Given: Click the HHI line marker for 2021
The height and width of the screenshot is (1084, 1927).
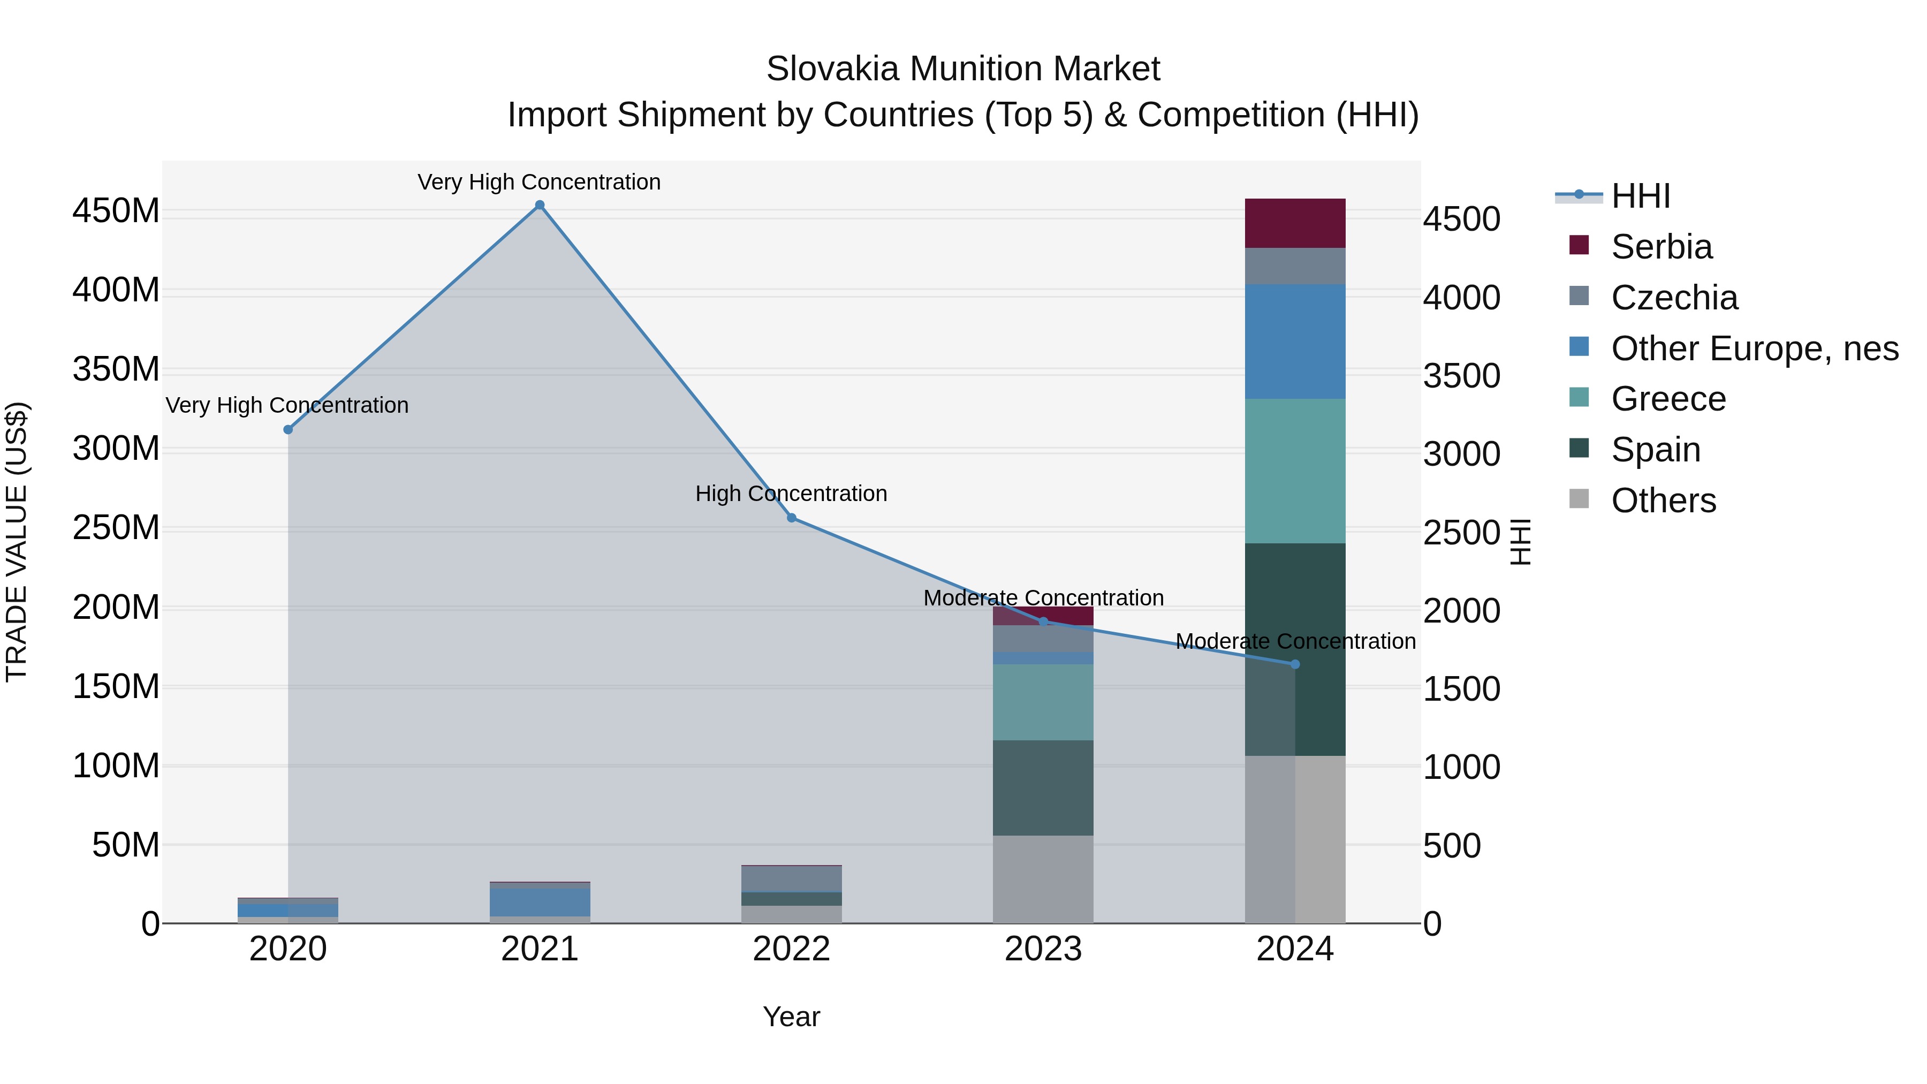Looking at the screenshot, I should pyautogui.click(x=540, y=205).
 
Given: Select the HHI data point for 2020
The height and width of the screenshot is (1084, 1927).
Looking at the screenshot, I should pyautogui.click(x=288, y=429).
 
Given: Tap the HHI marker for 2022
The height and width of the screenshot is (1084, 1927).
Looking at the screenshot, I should pyautogui.click(x=792, y=518).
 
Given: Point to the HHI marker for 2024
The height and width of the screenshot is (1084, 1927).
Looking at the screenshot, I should pyautogui.click(x=1295, y=664).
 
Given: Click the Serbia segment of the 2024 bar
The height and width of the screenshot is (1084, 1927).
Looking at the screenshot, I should pyautogui.click(x=1295, y=223).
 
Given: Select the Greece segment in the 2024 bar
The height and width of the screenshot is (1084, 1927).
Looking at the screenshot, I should pyautogui.click(x=1295, y=471).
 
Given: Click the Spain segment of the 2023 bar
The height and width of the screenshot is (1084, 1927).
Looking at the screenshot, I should pyautogui.click(x=1043, y=788).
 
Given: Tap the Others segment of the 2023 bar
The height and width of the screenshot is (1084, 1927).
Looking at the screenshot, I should pyautogui.click(x=1043, y=879).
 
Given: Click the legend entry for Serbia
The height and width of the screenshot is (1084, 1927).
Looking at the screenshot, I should pyautogui.click(x=1660, y=247).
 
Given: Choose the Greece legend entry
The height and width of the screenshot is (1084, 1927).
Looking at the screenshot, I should pyautogui.click(x=1667, y=399).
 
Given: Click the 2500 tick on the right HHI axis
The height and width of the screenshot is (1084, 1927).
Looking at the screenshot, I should pyautogui.click(x=1461, y=533).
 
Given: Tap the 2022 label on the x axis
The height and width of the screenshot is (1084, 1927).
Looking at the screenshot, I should pyautogui.click(x=792, y=949).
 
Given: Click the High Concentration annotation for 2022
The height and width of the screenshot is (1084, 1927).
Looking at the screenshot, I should pyautogui.click(x=792, y=494).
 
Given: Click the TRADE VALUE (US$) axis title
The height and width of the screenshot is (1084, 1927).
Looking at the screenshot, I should pyautogui.click(x=17, y=542).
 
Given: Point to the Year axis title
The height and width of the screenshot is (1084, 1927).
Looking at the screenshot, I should pyautogui.click(x=792, y=1017).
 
